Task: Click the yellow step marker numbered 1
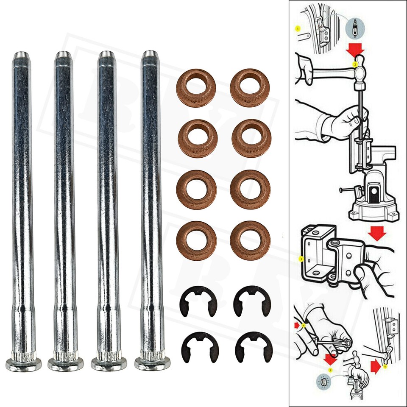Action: (x=298, y=29)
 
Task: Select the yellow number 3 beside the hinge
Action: (x=301, y=258)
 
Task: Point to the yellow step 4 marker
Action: (x=304, y=326)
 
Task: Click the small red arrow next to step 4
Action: (x=297, y=325)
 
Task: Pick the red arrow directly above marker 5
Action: (x=330, y=359)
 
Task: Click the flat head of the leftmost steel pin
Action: (x=24, y=364)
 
